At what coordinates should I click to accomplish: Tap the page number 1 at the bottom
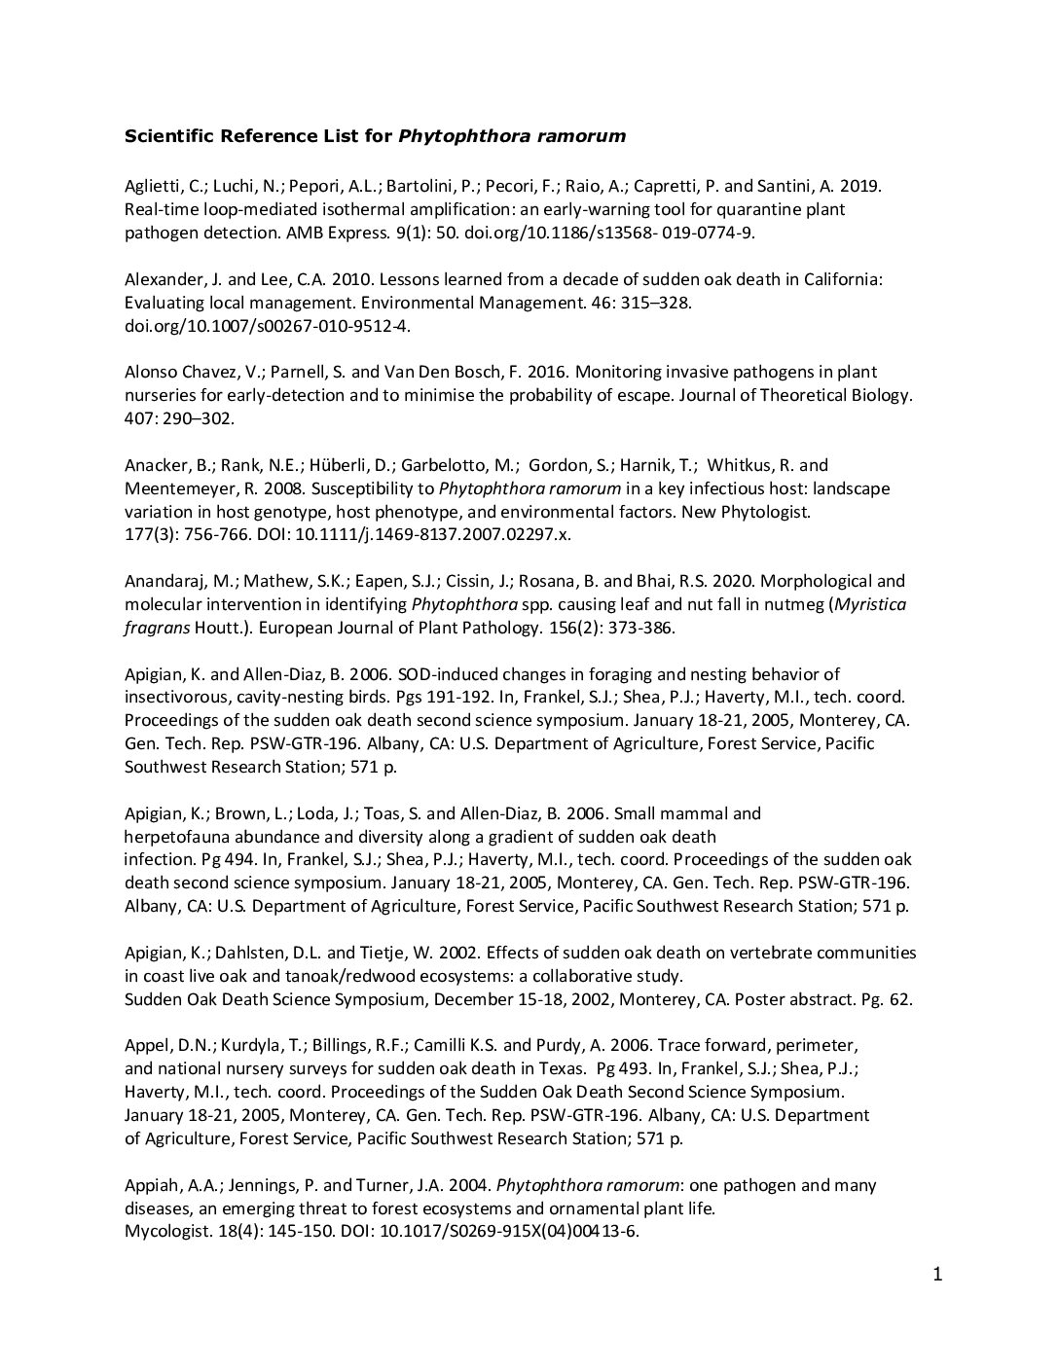pos(937,1275)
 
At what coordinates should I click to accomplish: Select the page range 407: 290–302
pos(180,418)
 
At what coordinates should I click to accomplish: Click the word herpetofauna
pos(174,837)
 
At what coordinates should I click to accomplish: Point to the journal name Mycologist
pos(162,1232)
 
